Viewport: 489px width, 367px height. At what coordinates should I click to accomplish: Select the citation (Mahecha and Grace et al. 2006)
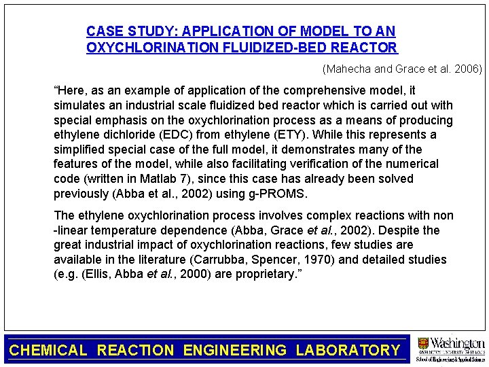tap(402, 69)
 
